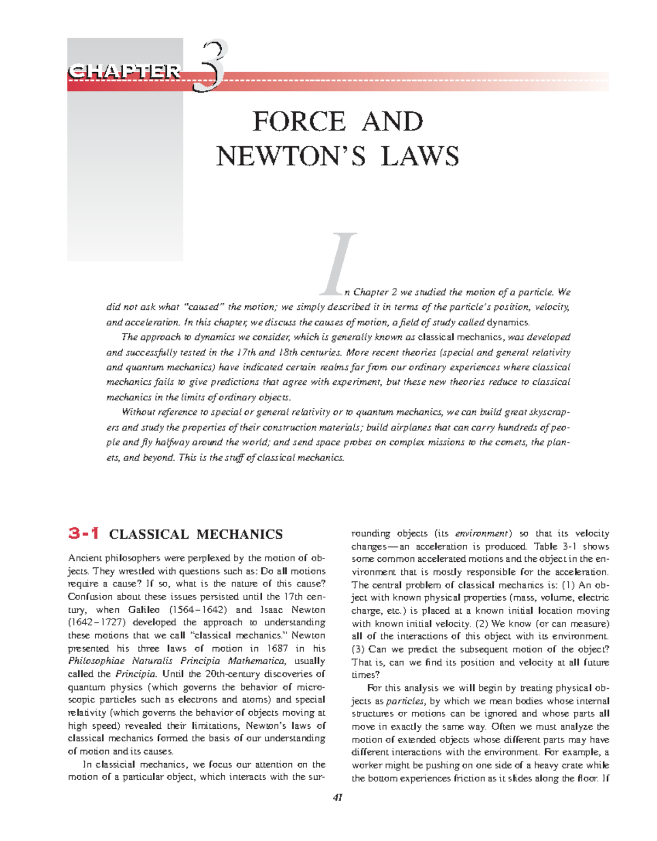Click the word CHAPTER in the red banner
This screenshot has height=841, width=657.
pos(124,72)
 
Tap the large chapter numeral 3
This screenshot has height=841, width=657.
pos(212,67)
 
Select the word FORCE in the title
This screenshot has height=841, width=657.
pos(299,122)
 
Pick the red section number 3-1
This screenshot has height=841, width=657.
pos(84,533)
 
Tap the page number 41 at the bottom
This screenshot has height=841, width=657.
pos(337,798)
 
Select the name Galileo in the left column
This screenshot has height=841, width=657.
pos(144,610)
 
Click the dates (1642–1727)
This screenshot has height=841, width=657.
pos(95,623)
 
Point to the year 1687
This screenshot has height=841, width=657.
pos(277,648)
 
